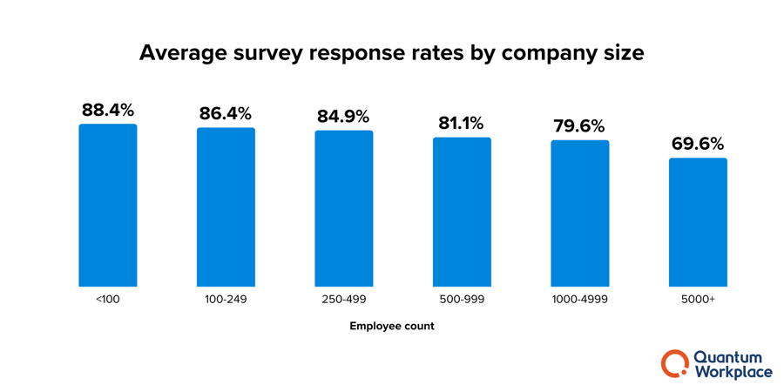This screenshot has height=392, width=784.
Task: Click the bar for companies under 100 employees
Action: pos(108,206)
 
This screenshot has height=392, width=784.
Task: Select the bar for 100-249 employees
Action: pos(226,207)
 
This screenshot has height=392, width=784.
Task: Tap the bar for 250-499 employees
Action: pos(344,209)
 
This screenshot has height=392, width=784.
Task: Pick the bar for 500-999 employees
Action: pos(462,213)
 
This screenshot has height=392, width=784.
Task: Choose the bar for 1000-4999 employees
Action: pos(580,213)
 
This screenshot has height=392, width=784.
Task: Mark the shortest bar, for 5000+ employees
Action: pos(698,222)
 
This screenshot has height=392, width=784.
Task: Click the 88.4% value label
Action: pos(108,111)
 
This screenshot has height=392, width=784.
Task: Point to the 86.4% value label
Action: pos(226,114)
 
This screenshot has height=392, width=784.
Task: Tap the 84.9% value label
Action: pos(343,117)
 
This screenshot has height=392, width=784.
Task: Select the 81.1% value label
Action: pos(462,124)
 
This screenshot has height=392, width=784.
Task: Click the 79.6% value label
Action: pos(579,126)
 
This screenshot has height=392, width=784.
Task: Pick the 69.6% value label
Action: pos(698,145)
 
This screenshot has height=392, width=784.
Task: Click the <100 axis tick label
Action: pos(108,300)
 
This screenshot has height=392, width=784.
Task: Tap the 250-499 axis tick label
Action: pos(344,300)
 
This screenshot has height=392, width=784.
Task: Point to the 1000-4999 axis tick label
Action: pos(580,300)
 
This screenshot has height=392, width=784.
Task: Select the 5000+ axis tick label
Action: pos(698,300)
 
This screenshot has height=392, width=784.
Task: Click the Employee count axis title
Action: pos(392,327)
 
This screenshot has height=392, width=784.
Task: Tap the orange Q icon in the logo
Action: pos(674,363)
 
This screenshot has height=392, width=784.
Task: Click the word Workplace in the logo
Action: pos(733,372)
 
